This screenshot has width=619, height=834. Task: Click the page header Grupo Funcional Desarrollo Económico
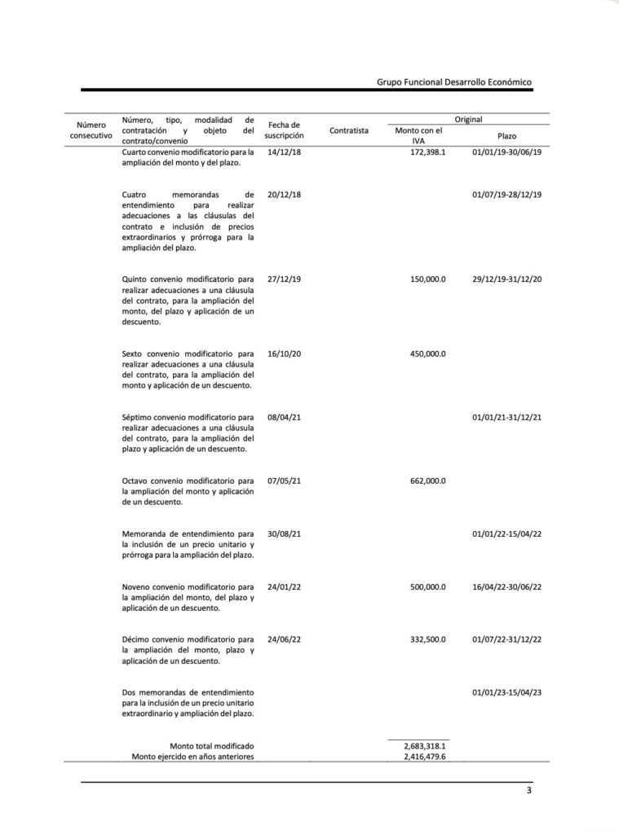454,82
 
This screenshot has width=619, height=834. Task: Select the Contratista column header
349,130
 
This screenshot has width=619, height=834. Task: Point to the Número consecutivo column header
91,130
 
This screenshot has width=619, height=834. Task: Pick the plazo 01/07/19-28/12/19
506,195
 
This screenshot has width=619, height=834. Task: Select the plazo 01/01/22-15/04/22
506,534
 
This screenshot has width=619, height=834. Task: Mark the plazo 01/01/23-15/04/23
506,693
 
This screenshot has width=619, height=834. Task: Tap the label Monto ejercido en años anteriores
193,757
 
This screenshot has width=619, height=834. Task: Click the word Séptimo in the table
138,417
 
